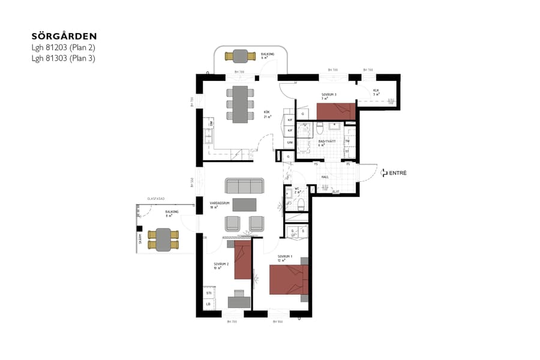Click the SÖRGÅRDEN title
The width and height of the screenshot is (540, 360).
[x=64, y=37]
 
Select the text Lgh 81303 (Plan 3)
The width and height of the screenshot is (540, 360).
[x=64, y=58]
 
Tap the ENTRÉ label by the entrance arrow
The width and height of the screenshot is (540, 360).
[x=398, y=173]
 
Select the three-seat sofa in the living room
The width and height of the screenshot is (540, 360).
[x=244, y=185]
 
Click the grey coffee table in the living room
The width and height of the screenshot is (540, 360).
[x=244, y=205]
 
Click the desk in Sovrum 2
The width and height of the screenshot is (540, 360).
[x=239, y=301]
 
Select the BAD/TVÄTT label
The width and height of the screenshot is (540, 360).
[x=326, y=142]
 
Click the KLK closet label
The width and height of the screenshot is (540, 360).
[x=376, y=91]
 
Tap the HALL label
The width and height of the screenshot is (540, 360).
[x=325, y=177]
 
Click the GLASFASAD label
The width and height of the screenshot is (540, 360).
[x=156, y=199]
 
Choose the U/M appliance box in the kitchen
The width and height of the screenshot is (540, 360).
[x=290, y=142]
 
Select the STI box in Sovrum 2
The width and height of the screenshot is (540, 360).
[x=208, y=293]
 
